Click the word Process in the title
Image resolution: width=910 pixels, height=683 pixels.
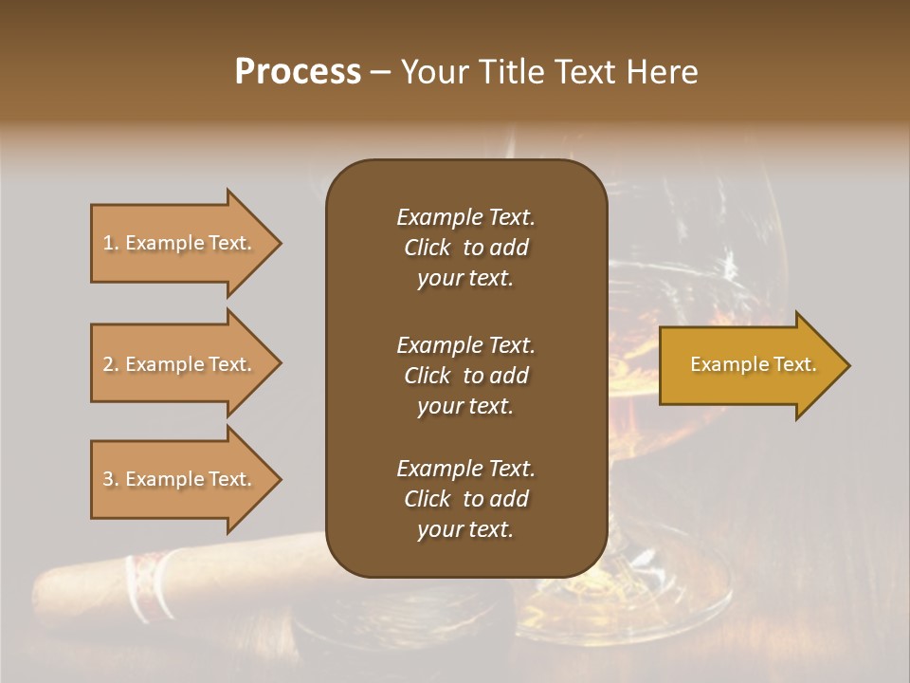298,72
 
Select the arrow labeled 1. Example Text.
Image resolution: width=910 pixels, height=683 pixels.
180,243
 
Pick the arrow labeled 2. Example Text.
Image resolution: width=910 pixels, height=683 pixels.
180,364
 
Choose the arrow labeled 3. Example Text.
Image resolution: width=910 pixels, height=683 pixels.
180,479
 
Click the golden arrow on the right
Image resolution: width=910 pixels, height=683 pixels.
749,364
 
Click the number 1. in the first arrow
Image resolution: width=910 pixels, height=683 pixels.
111,243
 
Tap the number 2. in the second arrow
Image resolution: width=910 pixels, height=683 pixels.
111,364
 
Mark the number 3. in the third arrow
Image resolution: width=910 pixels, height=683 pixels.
111,479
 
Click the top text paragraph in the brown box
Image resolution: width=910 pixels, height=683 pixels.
465,248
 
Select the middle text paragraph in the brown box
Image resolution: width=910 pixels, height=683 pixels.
465,376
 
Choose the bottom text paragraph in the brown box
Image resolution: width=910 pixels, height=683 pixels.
465,499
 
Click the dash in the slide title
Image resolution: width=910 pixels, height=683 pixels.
380,73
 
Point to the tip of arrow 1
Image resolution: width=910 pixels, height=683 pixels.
280,244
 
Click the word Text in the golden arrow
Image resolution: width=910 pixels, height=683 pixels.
794,364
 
